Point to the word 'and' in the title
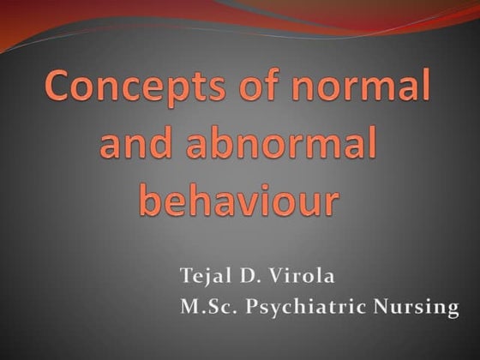(138, 146)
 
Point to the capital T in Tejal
(185, 275)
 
